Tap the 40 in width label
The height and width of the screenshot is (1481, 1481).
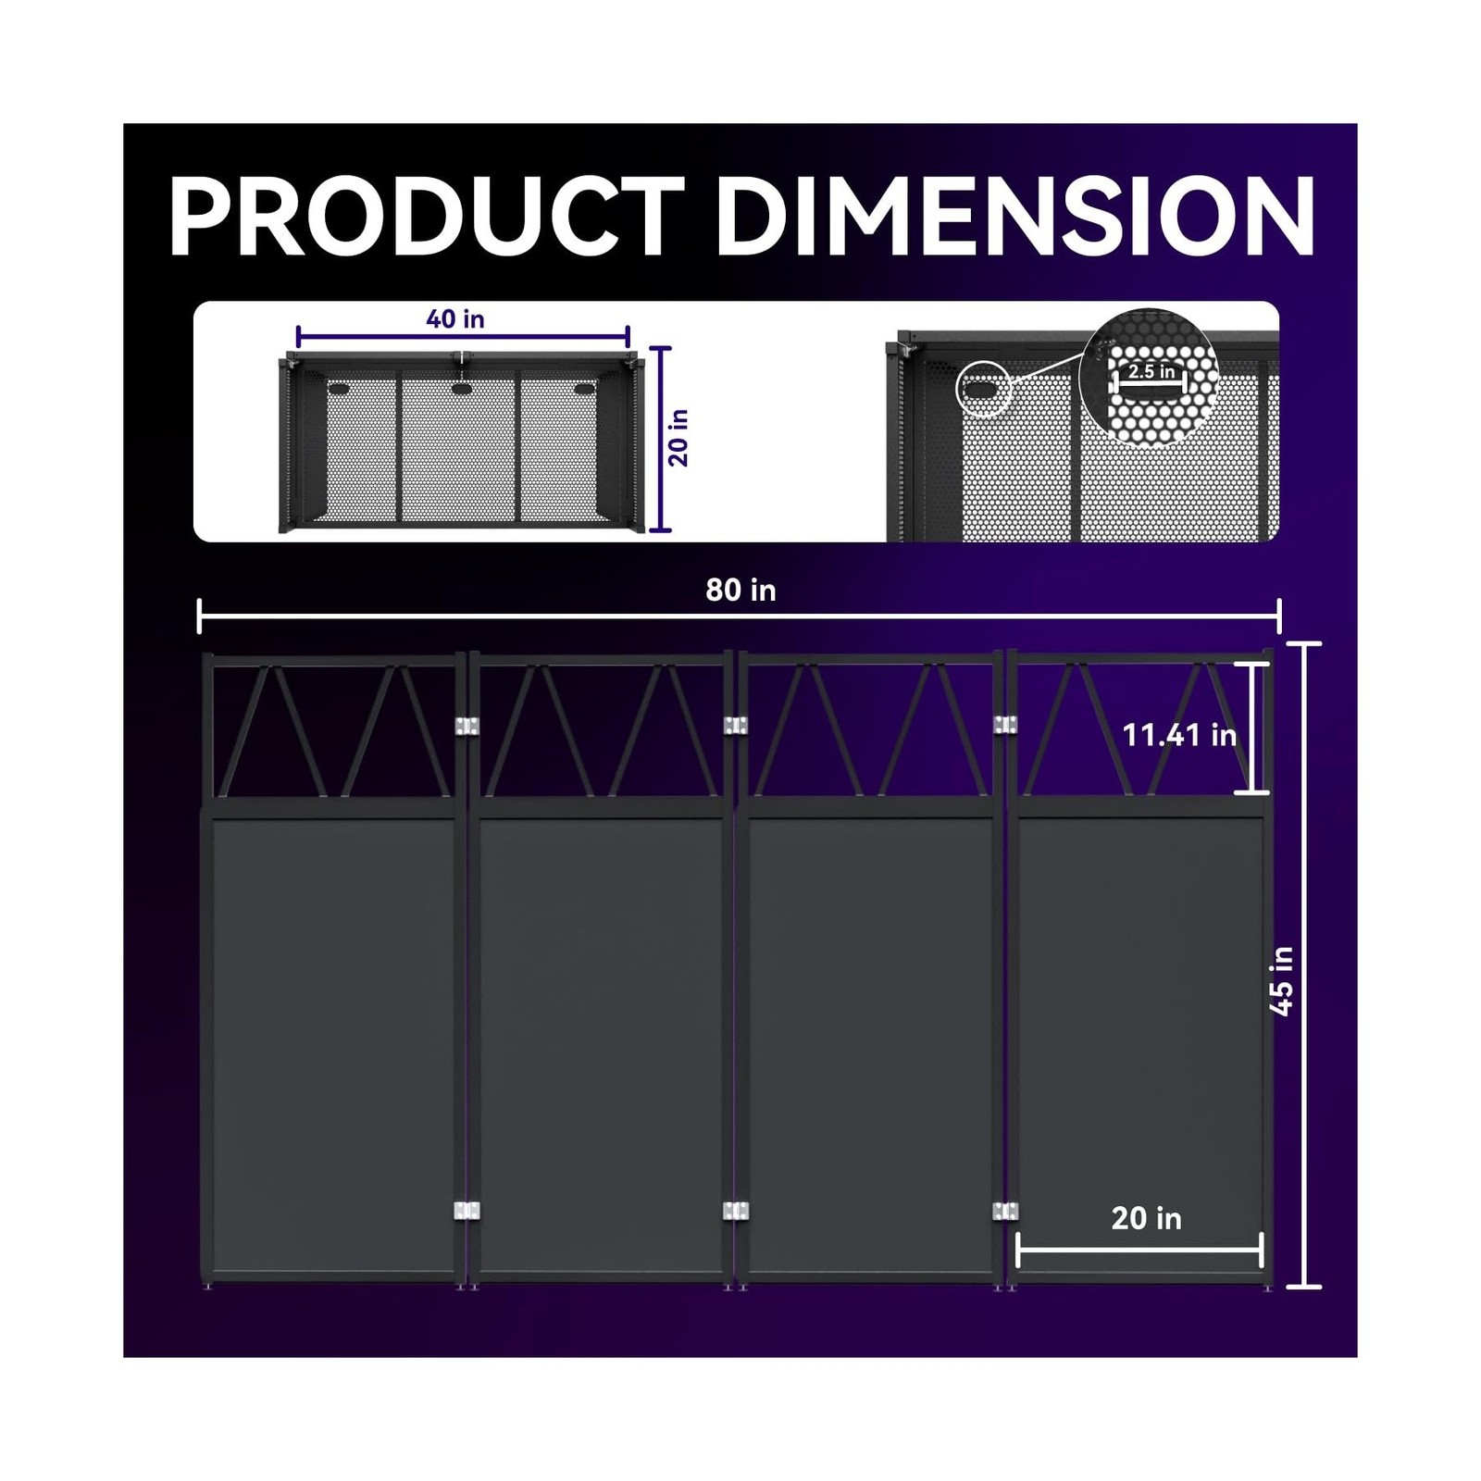pos(455,319)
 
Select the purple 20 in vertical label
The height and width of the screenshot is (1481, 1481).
pos(679,438)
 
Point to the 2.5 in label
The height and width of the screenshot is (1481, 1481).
pos(1151,371)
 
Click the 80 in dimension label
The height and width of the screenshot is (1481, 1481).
pos(740,591)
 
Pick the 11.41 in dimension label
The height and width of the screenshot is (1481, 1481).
pos(1179,736)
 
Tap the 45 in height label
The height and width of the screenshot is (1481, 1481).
pos(1282,981)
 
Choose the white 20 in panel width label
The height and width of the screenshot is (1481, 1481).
pos(1146,1219)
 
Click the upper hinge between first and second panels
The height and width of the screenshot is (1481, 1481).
pos(467,727)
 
